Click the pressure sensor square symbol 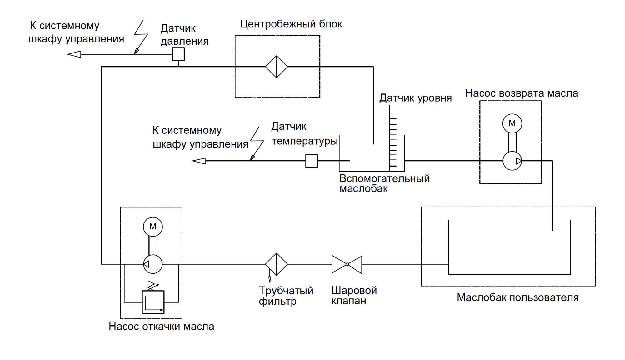178,54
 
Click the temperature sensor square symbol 312,161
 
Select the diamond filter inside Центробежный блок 277,67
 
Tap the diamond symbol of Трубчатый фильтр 277,264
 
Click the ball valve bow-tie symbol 347,264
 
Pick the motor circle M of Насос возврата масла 512,123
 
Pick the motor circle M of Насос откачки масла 153,227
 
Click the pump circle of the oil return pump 512,161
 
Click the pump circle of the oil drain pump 153,264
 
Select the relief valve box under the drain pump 153,302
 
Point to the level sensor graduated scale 393,142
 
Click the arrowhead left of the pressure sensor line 74,54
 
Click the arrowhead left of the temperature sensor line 199,161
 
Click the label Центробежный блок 291,24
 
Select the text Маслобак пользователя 517,297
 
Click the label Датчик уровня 415,98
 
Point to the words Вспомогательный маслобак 384,183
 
